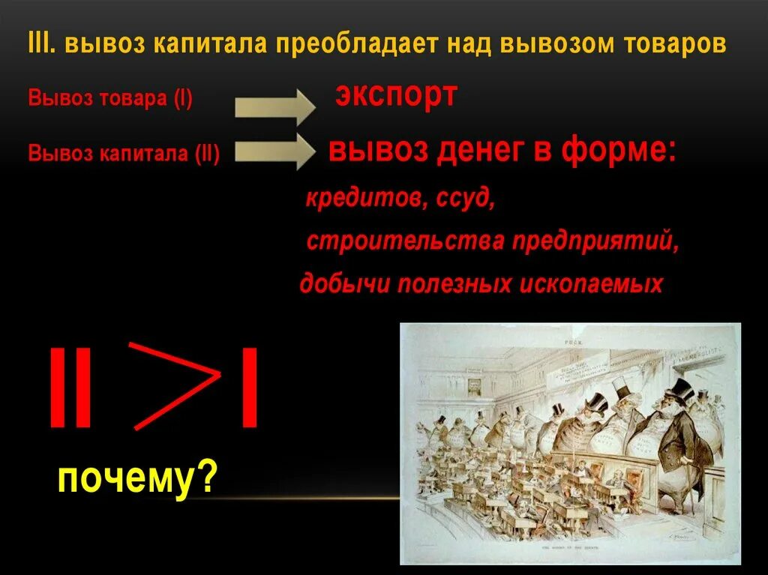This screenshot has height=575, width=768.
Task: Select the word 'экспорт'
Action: pyautogui.click(x=395, y=96)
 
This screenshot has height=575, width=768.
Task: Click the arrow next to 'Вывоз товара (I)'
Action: pyautogui.click(x=274, y=106)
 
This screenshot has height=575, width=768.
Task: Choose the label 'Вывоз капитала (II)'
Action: pyautogui.click(x=124, y=154)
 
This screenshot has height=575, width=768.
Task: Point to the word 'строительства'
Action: pyautogui.click(x=406, y=242)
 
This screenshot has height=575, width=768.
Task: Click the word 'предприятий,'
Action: pyautogui.click(x=596, y=242)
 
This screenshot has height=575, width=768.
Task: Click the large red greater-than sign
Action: pyautogui.click(x=173, y=386)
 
